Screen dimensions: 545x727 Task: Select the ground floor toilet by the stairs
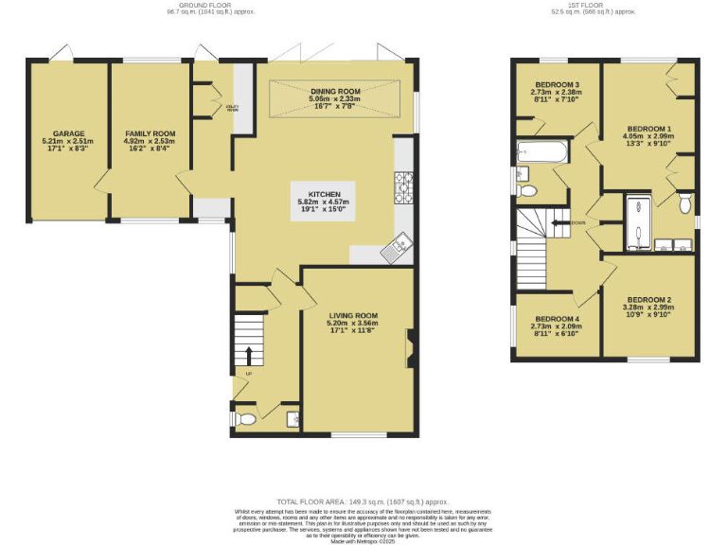pos(245,417)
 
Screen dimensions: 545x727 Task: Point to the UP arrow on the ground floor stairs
pos(250,356)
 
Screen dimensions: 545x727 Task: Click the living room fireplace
pos(408,348)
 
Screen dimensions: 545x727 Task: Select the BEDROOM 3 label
pos(557,96)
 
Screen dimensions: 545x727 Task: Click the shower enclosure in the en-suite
pos(640,222)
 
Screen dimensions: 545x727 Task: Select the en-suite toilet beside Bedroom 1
pos(685,202)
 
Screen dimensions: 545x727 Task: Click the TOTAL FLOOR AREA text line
pos(363,501)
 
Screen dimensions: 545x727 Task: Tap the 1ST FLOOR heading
pos(594,8)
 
